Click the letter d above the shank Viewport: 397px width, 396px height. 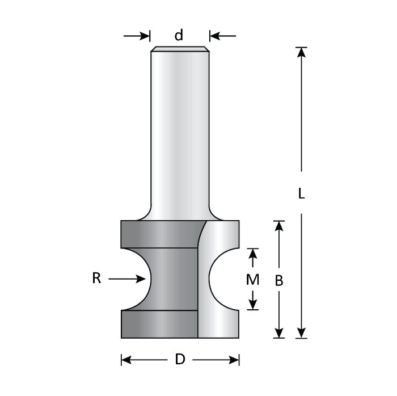point(179,36)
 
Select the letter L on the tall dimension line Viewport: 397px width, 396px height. point(302,193)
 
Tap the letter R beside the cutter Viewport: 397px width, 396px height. point(96,279)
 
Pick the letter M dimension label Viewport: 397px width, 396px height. point(254,280)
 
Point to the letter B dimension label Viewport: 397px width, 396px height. point(278,280)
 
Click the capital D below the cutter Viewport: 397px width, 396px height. point(180,360)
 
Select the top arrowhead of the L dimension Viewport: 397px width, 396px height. point(302,52)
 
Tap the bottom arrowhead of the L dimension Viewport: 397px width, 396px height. point(302,333)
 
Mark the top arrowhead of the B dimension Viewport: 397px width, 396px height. point(278,226)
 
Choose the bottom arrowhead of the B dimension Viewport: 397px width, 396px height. point(278,333)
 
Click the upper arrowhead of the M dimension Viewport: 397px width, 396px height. point(254,252)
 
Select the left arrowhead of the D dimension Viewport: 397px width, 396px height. point(127,360)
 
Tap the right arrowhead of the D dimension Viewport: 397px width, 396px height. point(233,360)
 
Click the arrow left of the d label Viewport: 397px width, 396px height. point(143,36)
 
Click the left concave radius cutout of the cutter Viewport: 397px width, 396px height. point(136,279)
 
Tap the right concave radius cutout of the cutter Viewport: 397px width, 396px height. point(223,279)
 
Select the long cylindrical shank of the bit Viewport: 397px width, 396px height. point(179,130)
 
